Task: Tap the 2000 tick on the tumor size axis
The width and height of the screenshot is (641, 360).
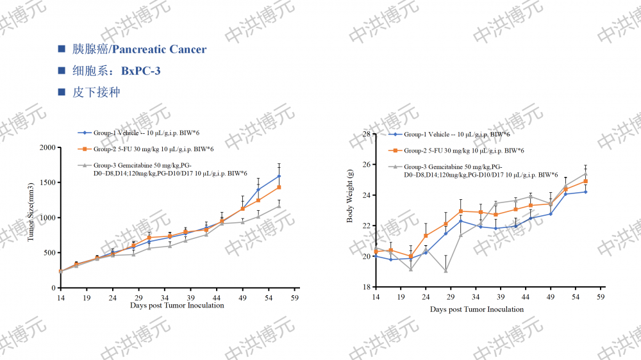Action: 47,147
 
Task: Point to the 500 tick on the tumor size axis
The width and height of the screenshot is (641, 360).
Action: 49,253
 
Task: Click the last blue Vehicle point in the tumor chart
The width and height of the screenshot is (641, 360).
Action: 279,176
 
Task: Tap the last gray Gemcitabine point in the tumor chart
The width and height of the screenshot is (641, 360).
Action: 279,206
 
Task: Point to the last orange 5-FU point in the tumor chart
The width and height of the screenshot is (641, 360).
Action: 279,187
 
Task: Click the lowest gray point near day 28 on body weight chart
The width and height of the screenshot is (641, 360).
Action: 445,271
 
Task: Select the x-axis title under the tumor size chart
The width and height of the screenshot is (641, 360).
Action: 177,306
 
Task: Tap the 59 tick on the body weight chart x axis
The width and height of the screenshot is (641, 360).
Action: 601,298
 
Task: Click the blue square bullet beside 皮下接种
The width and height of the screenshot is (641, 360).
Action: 62,92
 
